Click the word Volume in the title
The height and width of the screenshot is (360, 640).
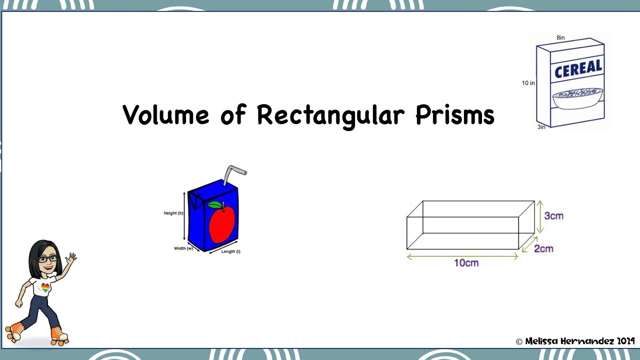click(165, 115)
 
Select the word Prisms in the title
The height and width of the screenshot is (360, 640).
click(454, 115)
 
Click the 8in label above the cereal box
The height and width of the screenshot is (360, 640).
click(560, 38)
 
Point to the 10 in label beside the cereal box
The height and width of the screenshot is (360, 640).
click(528, 83)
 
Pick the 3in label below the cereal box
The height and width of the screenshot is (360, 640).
click(541, 127)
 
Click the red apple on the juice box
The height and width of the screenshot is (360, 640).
click(221, 224)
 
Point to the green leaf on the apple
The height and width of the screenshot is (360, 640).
click(214, 204)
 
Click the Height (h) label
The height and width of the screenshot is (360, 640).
click(173, 213)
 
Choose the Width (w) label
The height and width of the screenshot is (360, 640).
click(183, 248)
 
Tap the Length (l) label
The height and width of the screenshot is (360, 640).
click(230, 251)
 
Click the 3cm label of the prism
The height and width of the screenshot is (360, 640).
click(553, 216)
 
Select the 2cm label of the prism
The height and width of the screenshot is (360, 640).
click(543, 248)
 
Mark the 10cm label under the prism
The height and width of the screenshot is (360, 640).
click(466, 263)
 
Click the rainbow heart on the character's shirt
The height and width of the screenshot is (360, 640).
click(45, 288)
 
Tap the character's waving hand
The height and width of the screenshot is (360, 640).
click(71, 258)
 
